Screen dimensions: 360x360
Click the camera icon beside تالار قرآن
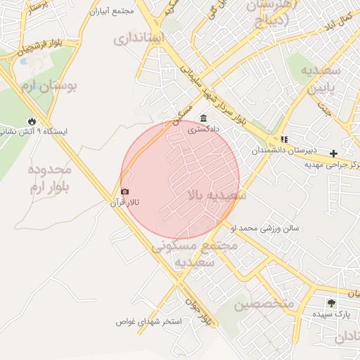125,192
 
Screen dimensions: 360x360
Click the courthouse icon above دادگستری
203,118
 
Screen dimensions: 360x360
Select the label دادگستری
203,129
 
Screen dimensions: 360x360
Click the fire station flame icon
31,120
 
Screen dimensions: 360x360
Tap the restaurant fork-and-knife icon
284,139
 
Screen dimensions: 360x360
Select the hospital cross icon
333,153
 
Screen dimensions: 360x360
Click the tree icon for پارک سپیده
330,302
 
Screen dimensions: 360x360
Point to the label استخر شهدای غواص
149,321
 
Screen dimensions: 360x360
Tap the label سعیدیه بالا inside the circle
217,195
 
